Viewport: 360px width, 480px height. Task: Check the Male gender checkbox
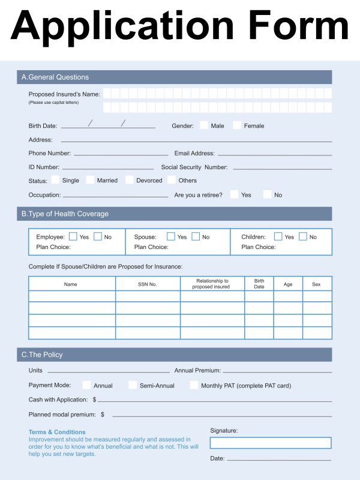click(204, 125)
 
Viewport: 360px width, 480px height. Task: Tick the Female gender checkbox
click(237, 125)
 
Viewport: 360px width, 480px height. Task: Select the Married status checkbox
click(90, 180)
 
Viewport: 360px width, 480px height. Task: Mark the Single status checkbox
click(55, 180)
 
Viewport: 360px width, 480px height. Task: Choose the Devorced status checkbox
click(130, 180)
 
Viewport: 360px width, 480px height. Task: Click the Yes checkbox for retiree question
click(233, 194)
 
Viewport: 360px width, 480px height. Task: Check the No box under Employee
click(98, 236)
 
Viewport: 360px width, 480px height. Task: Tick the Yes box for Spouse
click(171, 236)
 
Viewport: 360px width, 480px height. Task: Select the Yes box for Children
click(278, 236)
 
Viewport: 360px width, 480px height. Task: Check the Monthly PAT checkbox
click(194, 385)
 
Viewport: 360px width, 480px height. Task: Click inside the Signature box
click(270, 443)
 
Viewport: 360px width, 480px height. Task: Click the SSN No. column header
click(148, 284)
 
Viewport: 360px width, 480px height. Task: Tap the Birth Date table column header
click(259, 284)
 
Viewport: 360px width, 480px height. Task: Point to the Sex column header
click(316, 284)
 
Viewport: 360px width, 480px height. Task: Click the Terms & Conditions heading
click(57, 432)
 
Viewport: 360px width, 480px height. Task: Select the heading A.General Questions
click(55, 77)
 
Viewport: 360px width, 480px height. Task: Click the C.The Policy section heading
click(42, 355)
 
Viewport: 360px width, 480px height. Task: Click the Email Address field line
click(274, 155)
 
